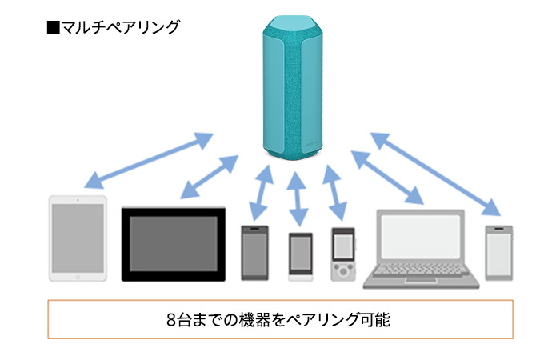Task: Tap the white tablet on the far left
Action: (x=78, y=238)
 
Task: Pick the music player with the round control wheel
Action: (x=342, y=254)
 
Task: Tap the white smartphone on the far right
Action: (x=498, y=251)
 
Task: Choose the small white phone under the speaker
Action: (x=300, y=256)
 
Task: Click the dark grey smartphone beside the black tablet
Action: (x=254, y=252)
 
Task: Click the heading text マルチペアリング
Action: (x=120, y=27)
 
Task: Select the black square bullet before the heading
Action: (x=54, y=27)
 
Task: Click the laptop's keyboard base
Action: (x=421, y=277)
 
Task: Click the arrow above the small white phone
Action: (x=297, y=197)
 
